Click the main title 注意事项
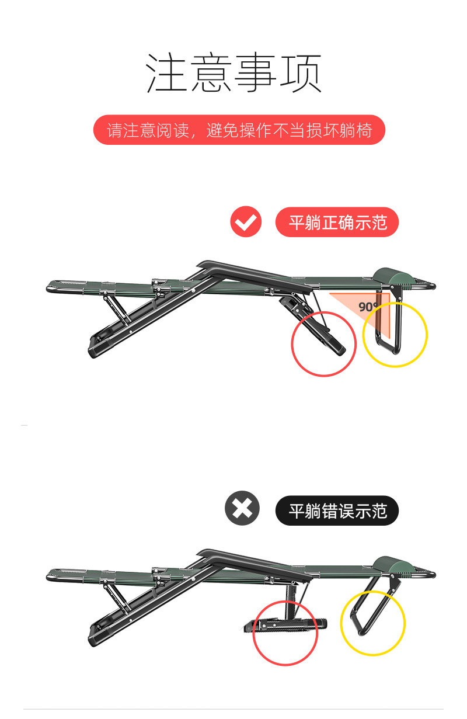tap(234, 72)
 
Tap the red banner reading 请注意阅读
tap(239, 130)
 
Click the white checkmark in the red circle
tap(246, 222)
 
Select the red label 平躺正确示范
tap(337, 222)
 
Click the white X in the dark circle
tap(242, 508)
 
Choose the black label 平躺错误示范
tap(337, 510)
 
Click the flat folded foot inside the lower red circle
tap(285, 626)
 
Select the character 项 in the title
tap(301, 73)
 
